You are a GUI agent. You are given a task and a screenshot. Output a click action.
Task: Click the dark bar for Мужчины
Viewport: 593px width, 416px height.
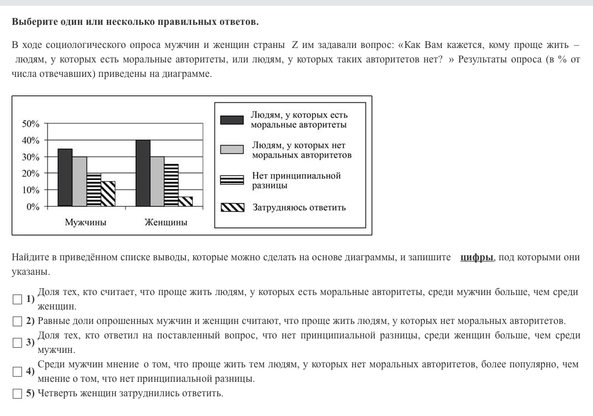65,177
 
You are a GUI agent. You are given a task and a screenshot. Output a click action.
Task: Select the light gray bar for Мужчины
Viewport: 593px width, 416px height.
79,181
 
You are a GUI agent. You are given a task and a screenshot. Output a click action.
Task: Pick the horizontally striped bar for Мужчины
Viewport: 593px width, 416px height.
94,190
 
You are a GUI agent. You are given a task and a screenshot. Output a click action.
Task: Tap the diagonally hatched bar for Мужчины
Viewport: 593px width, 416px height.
108,194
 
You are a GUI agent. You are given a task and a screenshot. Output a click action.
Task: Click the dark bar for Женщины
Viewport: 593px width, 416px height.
143,173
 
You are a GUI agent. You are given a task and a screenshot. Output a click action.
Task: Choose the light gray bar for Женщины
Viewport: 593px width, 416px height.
157,181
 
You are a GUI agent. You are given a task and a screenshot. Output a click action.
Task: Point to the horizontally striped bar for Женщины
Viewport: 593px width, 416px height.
171,185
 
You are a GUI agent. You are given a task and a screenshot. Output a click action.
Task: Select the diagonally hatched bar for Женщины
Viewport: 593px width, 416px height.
185,201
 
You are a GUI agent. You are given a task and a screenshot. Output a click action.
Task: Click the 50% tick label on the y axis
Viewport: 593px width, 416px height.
31,124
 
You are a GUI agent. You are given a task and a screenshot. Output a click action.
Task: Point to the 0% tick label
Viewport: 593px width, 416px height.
33,207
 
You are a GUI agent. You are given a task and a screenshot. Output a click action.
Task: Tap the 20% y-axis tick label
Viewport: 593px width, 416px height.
31,174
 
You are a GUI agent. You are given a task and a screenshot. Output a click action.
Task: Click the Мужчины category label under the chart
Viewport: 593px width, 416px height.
86,222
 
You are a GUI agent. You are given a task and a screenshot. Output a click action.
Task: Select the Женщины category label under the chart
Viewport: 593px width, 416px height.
166,222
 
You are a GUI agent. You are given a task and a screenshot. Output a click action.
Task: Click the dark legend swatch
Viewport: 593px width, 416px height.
232,120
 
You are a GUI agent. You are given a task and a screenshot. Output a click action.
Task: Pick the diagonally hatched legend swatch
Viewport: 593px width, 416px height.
232,208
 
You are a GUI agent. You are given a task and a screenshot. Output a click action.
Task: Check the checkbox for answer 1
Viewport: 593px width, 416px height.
17,299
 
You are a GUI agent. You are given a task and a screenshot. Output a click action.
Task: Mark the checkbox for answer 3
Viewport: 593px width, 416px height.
17,343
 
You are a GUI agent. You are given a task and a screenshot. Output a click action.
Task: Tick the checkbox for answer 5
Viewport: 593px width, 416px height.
17,394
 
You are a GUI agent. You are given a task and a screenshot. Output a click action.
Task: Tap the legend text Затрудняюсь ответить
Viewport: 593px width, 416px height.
299,208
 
